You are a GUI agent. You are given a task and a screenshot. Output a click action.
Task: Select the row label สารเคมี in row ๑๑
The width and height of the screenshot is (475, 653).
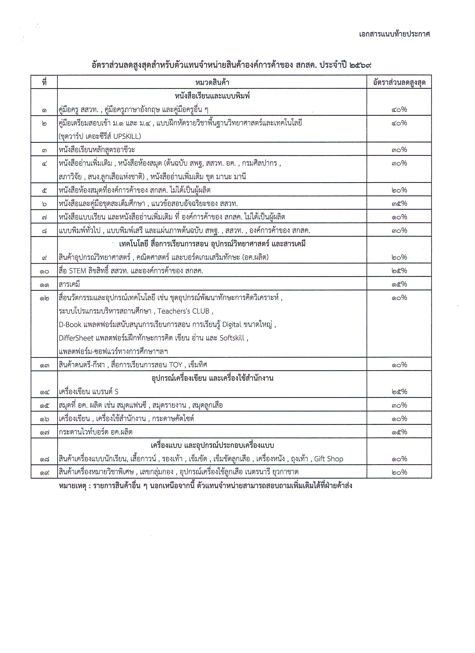tap(69, 284)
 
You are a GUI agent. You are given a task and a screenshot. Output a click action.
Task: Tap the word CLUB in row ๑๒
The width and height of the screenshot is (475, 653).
tap(201, 311)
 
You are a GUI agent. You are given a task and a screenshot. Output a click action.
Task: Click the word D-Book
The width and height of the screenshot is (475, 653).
tap(70, 325)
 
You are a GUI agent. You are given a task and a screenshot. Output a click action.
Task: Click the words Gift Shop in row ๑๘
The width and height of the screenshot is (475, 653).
tap(329, 459)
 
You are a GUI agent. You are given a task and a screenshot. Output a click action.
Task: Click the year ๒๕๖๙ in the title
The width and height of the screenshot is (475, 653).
tap(360, 65)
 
